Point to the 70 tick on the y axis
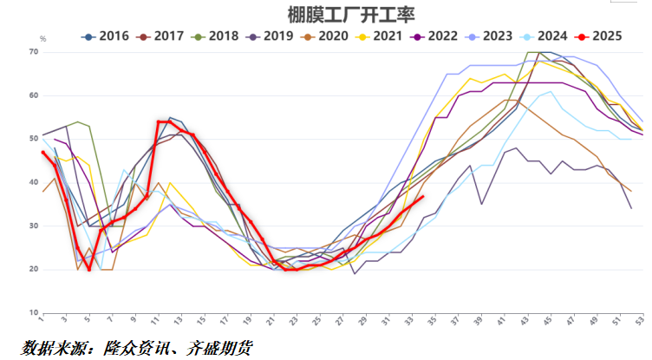34,52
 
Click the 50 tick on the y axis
34,139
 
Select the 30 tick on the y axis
34,226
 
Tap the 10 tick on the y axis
34,312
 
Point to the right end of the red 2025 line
422,197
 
